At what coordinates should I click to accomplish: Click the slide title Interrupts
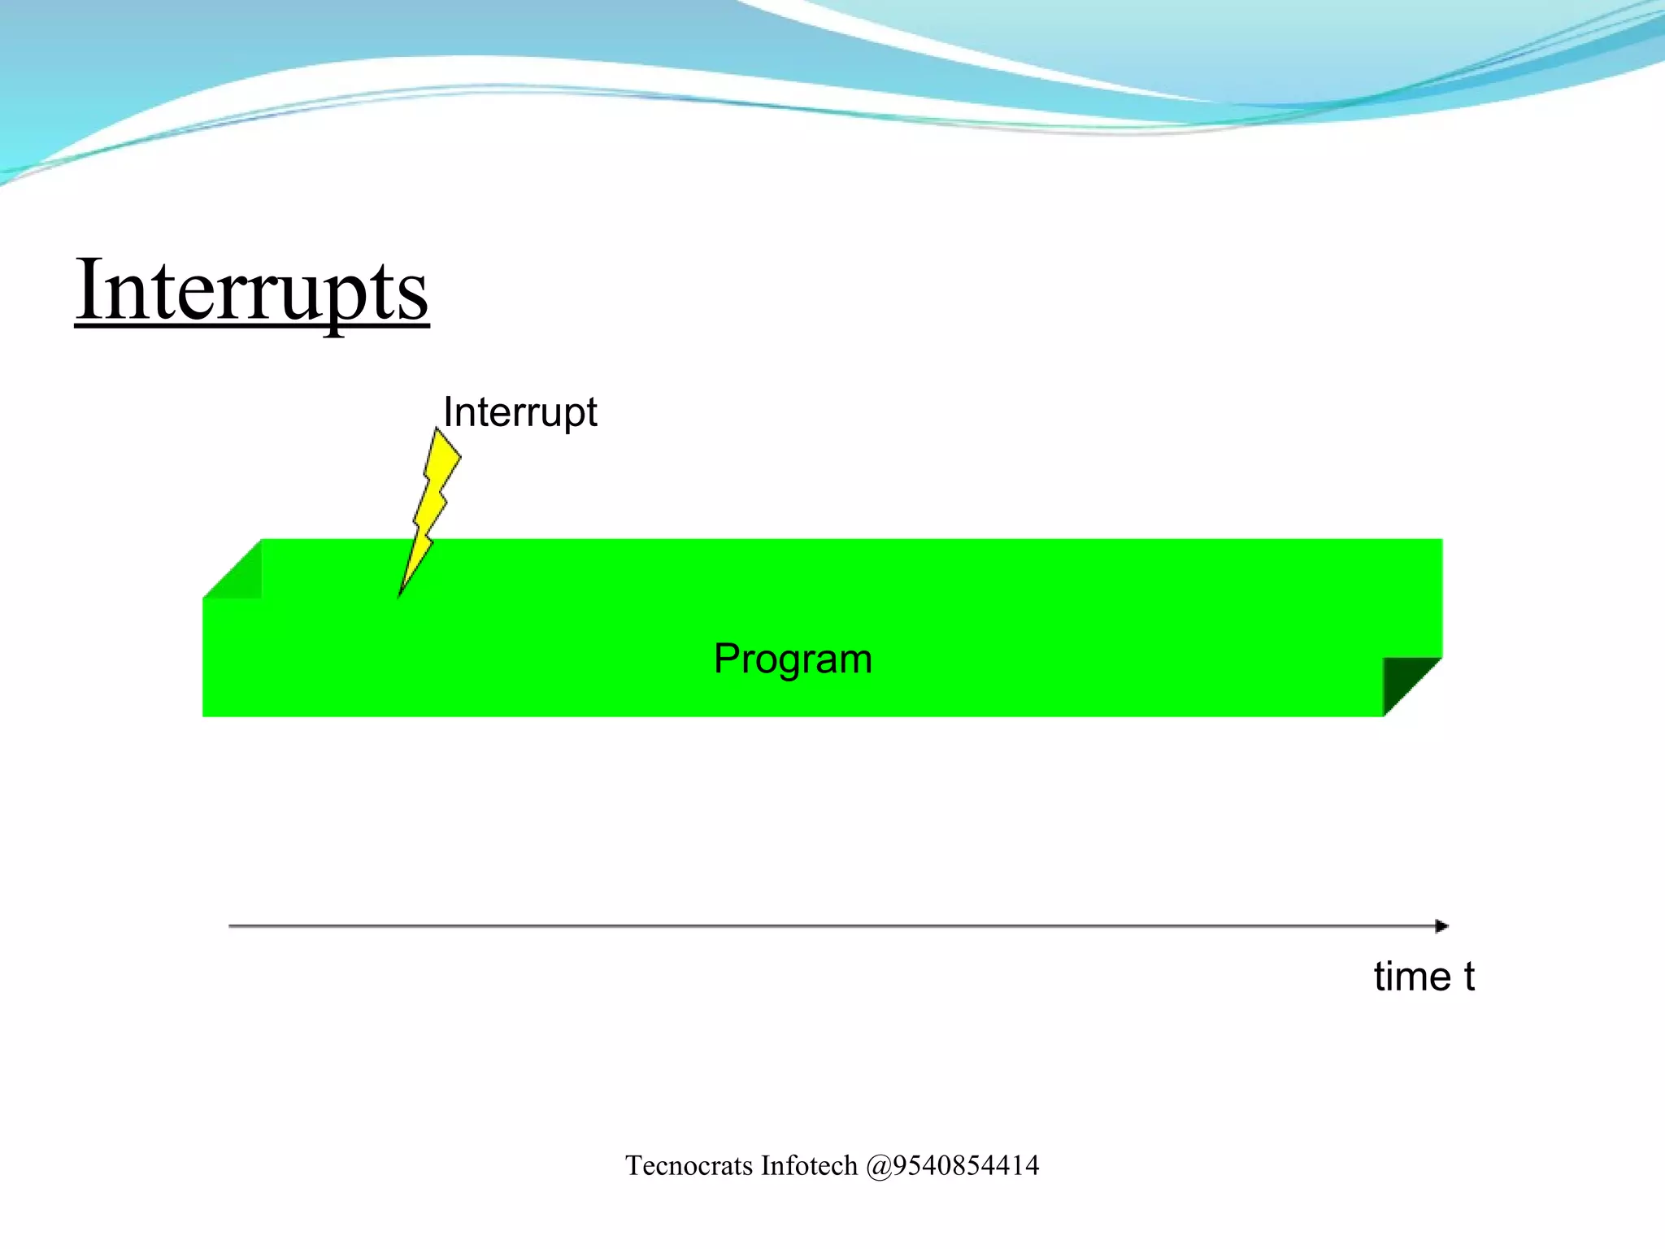click(252, 291)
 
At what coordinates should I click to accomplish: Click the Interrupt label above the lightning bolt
click(520, 411)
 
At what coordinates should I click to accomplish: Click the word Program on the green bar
click(793, 659)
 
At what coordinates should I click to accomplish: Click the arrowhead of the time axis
click(1441, 926)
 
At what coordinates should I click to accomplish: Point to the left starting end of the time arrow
click(232, 926)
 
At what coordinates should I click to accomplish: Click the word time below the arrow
click(1412, 977)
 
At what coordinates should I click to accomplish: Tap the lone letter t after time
click(1469, 977)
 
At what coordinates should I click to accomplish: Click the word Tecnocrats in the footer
click(689, 1166)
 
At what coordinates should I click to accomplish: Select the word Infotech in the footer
click(809, 1166)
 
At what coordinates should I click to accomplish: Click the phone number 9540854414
click(966, 1166)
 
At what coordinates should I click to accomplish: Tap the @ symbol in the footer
click(879, 1167)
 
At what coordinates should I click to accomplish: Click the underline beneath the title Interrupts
click(252, 326)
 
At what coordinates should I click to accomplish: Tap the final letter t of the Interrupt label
click(591, 413)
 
